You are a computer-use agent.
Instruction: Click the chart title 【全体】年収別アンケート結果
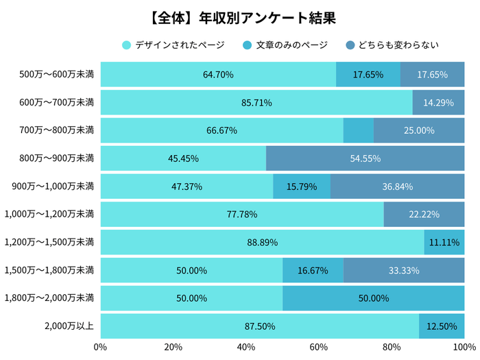pyautogui.click(x=240, y=16)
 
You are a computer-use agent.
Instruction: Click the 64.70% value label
pyautogui.click(x=218, y=75)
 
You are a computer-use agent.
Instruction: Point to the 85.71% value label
pyautogui.click(x=256, y=103)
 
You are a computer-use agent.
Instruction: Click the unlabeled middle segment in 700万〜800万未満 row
pyautogui.click(x=358, y=130)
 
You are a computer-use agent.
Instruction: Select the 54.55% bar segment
pyautogui.click(x=365, y=158)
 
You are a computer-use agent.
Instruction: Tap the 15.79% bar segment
pyautogui.click(x=302, y=187)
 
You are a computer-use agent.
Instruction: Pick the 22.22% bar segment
pyautogui.click(x=424, y=215)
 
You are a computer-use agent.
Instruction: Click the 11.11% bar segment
pyautogui.click(x=444, y=242)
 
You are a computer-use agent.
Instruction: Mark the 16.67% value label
pyautogui.click(x=313, y=270)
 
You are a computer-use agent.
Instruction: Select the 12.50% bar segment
pyautogui.click(x=442, y=326)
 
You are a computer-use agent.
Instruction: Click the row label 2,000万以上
pyautogui.click(x=71, y=326)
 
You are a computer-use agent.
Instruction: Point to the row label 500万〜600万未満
pyautogui.click(x=57, y=75)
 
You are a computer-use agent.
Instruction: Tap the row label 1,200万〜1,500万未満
pyautogui.click(x=49, y=242)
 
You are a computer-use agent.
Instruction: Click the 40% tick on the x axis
pyautogui.click(x=246, y=346)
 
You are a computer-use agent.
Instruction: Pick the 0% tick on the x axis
pyautogui.click(x=101, y=346)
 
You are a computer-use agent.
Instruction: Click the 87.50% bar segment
pyautogui.click(x=259, y=326)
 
